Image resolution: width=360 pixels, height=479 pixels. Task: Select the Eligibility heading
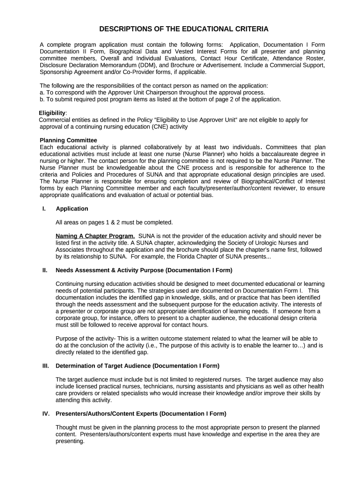point(52,113)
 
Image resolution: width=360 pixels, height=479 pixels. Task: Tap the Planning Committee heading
point(68,140)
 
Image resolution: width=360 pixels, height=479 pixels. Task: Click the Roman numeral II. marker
point(45,270)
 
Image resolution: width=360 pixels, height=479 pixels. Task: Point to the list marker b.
point(42,100)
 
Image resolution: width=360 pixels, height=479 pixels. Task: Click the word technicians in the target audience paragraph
point(141,387)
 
